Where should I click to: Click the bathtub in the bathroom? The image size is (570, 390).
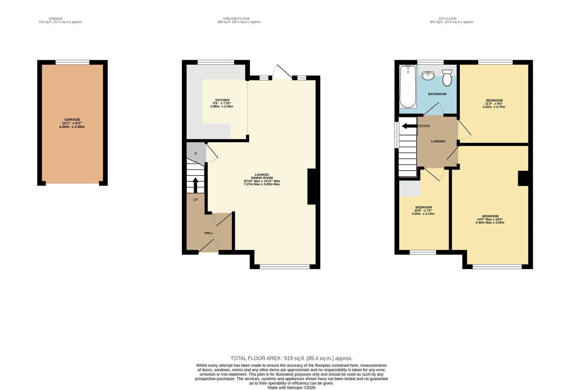pyautogui.click(x=408, y=87)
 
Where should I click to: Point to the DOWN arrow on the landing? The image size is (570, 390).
pyautogui.click(x=409, y=126)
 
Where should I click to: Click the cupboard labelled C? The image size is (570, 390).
pyautogui.click(x=196, y=153)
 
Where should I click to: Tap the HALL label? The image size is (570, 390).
pyautogui.click(x=209, y=233)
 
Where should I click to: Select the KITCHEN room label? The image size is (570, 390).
pyautogui.click(x=222, y=100)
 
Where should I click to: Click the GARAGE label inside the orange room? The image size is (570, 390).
pyautogui.click(x=72, y=120)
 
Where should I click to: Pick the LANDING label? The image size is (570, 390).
pyautogui.click(x=438, y=141)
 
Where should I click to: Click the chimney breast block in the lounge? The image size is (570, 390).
pyautogui.click(x=311, y=187)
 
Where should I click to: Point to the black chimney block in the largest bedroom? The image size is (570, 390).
pyautogui.click(x=523, y=178)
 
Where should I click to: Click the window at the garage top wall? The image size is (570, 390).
pyautogui.click(x=72, y=62)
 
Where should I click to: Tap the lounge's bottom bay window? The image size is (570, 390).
pyautogui.click(x=285, y=267)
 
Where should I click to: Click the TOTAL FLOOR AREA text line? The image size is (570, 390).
pyautogui.click(x=291, y=358)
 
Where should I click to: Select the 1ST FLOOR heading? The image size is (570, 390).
pyautogui.click(x=447, y=18)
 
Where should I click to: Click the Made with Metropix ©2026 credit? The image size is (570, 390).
pyautogui.click(x=291, y=387)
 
